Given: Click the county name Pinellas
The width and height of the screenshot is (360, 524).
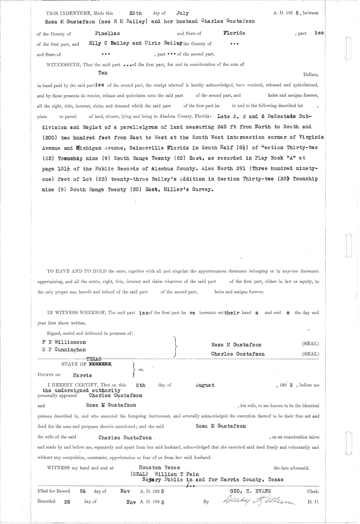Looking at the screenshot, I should [107, 33].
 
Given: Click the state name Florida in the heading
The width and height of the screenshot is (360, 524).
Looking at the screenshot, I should [234, 33].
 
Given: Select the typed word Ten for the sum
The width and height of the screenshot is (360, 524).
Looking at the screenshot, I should [103, 73].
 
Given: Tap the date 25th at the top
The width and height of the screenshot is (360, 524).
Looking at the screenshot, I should [135, 13].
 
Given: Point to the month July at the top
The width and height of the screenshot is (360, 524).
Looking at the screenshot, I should [183, 13].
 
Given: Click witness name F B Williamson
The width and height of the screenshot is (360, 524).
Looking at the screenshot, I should [64, 342].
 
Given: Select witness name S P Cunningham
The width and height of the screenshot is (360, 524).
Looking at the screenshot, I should [64, 350].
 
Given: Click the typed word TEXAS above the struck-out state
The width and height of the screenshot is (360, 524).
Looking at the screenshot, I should [94, 359].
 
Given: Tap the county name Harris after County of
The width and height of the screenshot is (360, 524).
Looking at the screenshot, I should [82, 375].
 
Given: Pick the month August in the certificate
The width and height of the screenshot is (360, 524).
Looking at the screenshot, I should [205, 385].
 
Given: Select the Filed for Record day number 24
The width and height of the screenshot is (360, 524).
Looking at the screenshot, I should [83, 491].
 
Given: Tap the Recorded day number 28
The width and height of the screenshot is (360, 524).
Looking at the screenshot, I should [67, 501].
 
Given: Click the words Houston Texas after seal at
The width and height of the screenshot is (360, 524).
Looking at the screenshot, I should [159, 468].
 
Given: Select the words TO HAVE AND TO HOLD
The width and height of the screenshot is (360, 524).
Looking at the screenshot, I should [77, 271].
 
